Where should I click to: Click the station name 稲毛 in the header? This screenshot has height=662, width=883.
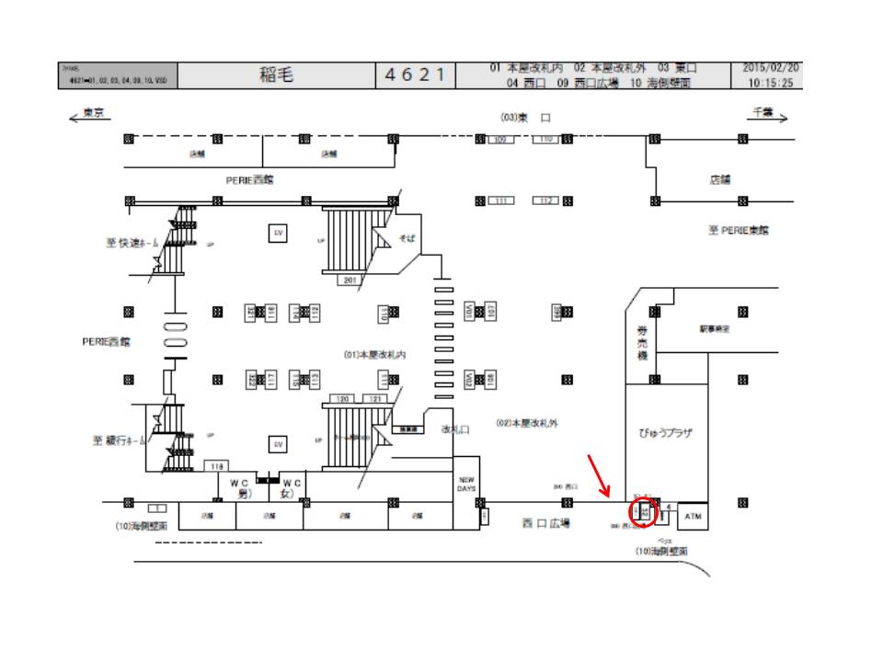[x=276, y=75]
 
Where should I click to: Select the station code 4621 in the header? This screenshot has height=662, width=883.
[x=416, y=75]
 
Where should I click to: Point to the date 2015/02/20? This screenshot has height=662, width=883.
[x=772, y=68]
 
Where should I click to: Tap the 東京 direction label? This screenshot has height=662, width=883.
[x=93, y=113]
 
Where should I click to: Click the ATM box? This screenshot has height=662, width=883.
[x=694, y=517]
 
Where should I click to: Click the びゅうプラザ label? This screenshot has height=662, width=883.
[x=667, y=432]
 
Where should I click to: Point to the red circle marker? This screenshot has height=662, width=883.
[x=644, y=511]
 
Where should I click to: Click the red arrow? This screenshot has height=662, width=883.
[x=601, y=476]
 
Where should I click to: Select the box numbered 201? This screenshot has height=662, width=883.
[x=350, y=280]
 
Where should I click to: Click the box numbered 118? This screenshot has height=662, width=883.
[x=217, y=467]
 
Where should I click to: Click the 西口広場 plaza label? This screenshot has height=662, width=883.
[x=546, y=523]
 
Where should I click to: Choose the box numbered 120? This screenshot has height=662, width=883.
[x=343, y=399]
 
